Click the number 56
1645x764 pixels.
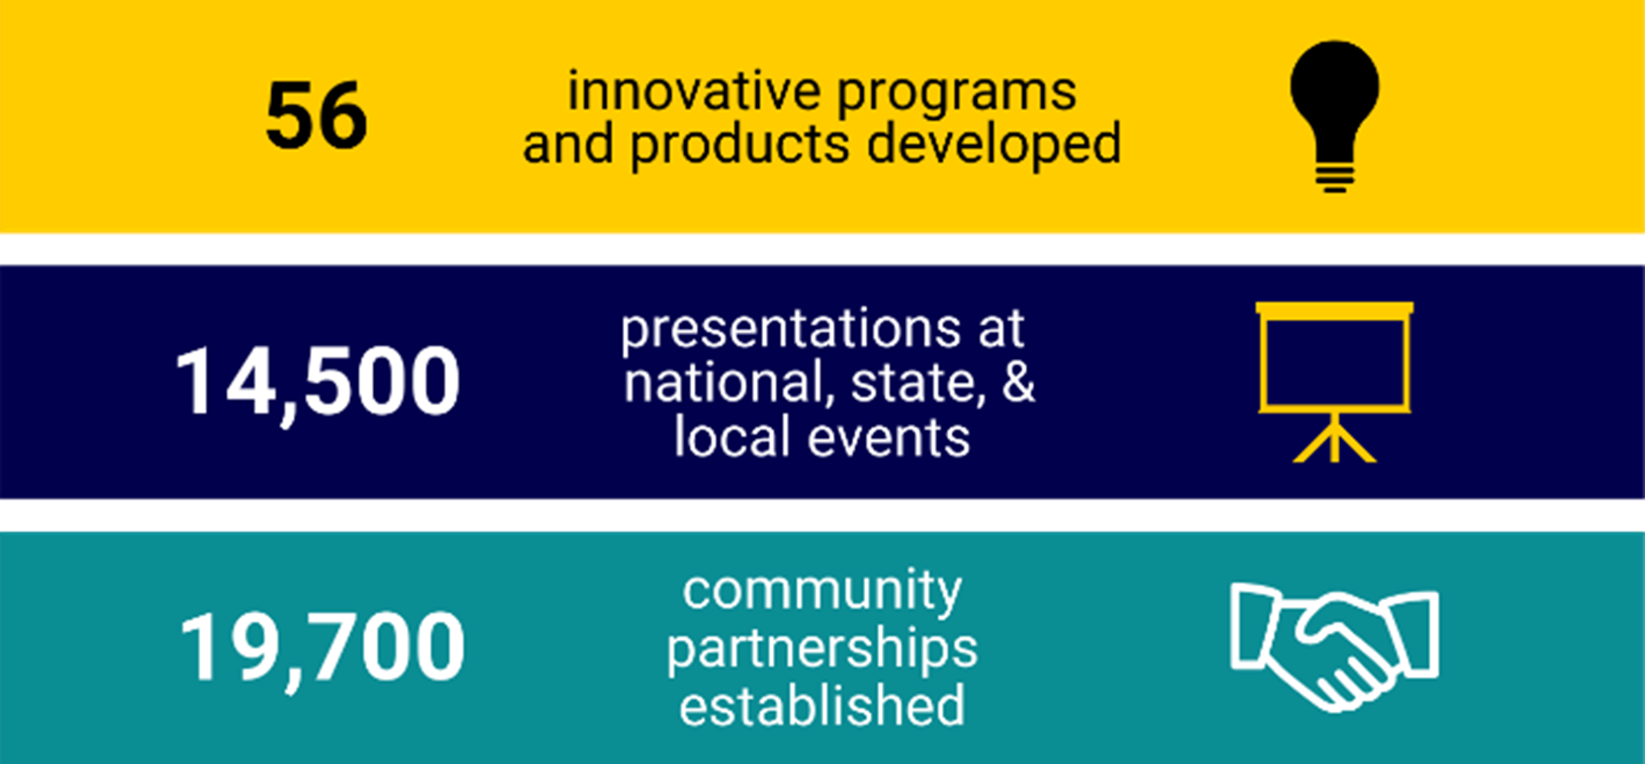[316, 116]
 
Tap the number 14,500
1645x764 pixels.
[317, 381]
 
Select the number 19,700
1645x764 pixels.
[322, 647]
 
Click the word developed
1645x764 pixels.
[994, 144]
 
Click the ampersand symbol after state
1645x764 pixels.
[1018, 382]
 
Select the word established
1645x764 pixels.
[822, 706]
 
